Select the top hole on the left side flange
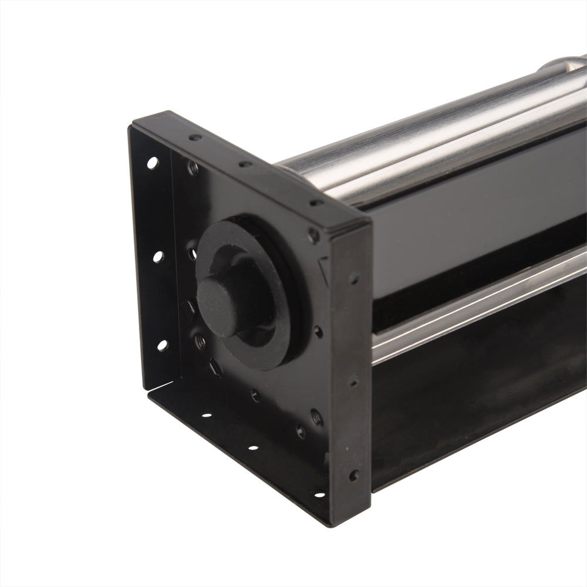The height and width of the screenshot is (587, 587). pos(152,163)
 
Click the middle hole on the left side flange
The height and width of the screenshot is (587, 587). pos(157,256)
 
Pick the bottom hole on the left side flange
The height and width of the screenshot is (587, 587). pos(162,345)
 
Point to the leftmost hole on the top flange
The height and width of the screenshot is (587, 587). pos(195,138)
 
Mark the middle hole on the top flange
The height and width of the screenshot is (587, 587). pos(245,164)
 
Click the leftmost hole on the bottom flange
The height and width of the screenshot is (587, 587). pos(207,415)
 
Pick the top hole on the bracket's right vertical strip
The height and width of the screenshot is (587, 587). pos(353,278)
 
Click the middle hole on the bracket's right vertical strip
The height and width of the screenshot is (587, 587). pos(353,382)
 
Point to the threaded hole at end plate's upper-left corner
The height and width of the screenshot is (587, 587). pos(193,168)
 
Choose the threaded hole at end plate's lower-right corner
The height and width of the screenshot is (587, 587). pos(316,417)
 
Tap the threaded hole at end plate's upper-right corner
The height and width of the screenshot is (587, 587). pos(314,235)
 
